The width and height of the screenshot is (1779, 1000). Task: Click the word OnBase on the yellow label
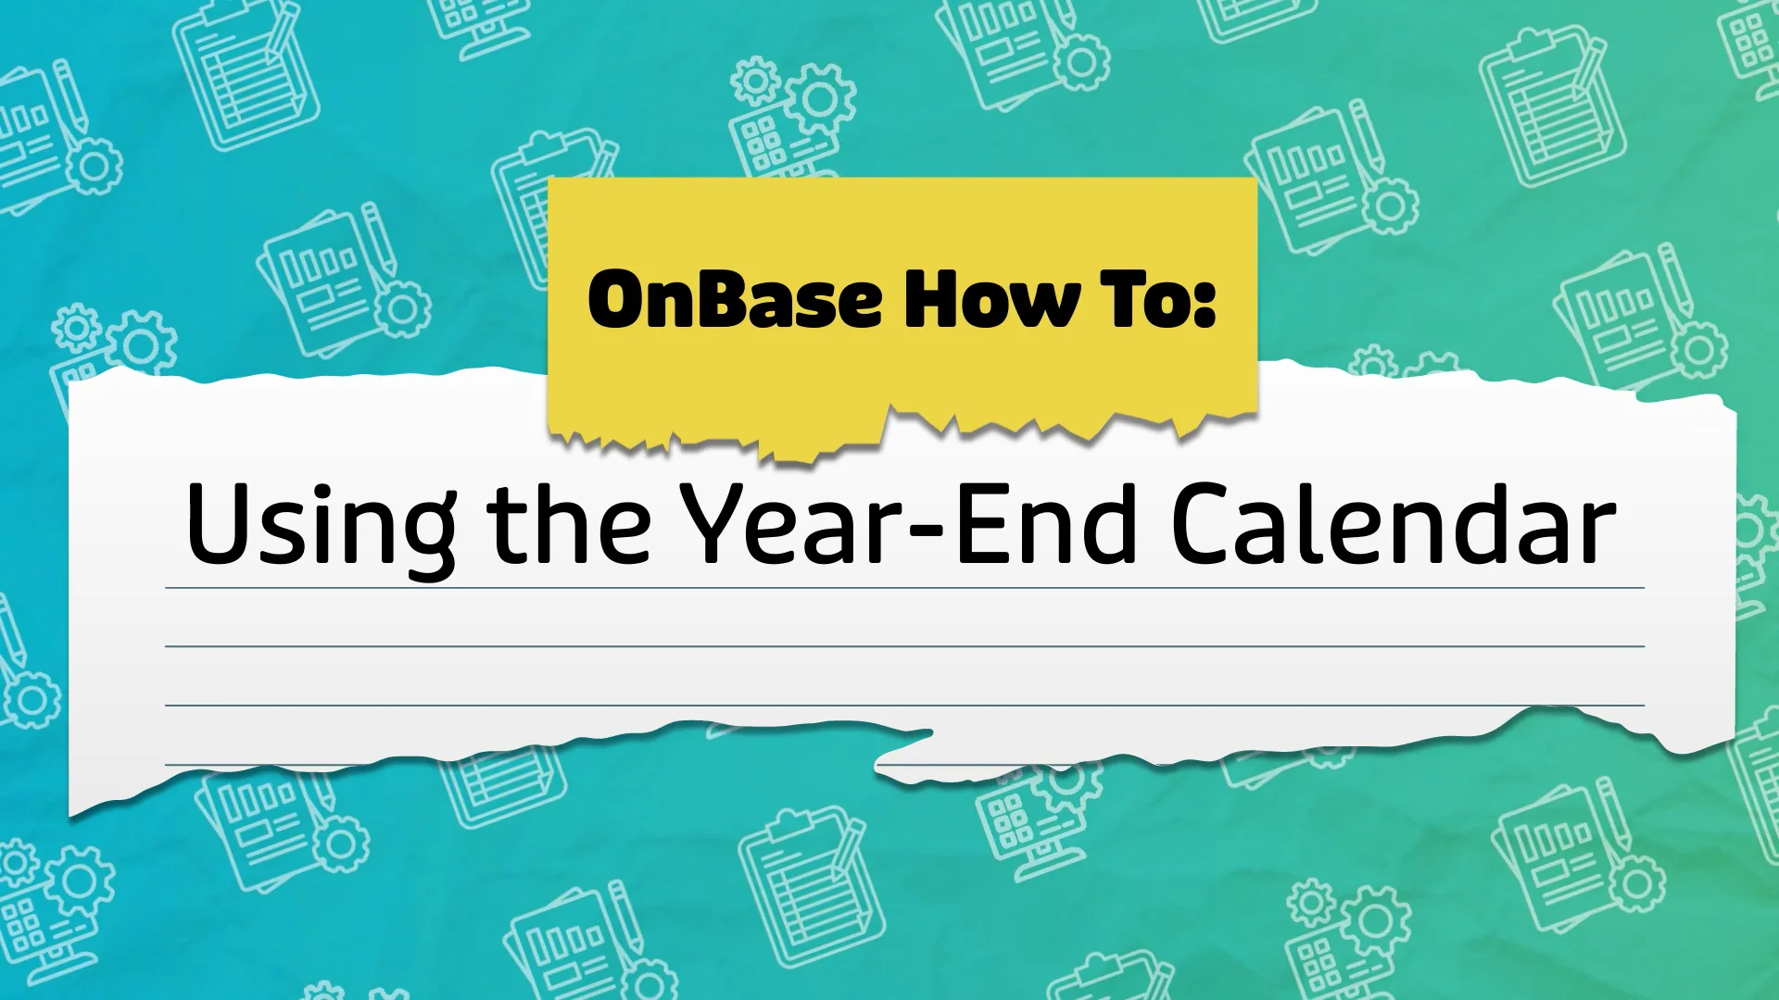click(x=734, y=299)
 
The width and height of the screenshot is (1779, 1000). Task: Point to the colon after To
click(x=1205, y=303)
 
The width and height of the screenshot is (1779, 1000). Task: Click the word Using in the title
click(x=321, y=524)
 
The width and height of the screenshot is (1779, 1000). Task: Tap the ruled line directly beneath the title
click(x=904, y=588)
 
